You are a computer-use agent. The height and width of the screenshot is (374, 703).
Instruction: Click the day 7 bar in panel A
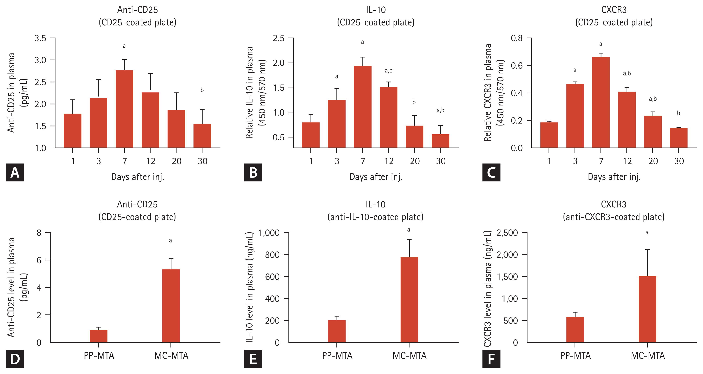tap(124, 109)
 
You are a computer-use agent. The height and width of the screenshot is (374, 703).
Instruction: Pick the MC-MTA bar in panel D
tap(171, 306)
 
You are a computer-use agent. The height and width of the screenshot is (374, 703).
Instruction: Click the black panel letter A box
tap(15, 172)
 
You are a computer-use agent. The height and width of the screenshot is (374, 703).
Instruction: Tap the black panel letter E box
tap(253, 359)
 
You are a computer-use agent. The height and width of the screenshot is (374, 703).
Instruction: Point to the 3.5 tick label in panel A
tap(40, 38)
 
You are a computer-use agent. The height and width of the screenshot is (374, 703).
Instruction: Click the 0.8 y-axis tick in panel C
tap(517, 38)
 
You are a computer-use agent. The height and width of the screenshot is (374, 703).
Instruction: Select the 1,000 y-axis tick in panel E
tap(269, 233)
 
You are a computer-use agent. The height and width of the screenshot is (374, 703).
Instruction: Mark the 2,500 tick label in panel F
tap(507, 233)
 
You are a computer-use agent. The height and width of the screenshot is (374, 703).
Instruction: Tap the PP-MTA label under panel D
tap(99, 356)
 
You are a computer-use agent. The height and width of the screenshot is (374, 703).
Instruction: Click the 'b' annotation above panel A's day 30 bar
tap(202, 90)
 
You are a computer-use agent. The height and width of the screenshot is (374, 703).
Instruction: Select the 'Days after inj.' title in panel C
tap(614, 177)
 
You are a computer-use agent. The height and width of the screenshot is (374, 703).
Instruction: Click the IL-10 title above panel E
tap(376, 204)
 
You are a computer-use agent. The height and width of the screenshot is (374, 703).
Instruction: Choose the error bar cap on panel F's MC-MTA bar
tap(647, 250)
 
